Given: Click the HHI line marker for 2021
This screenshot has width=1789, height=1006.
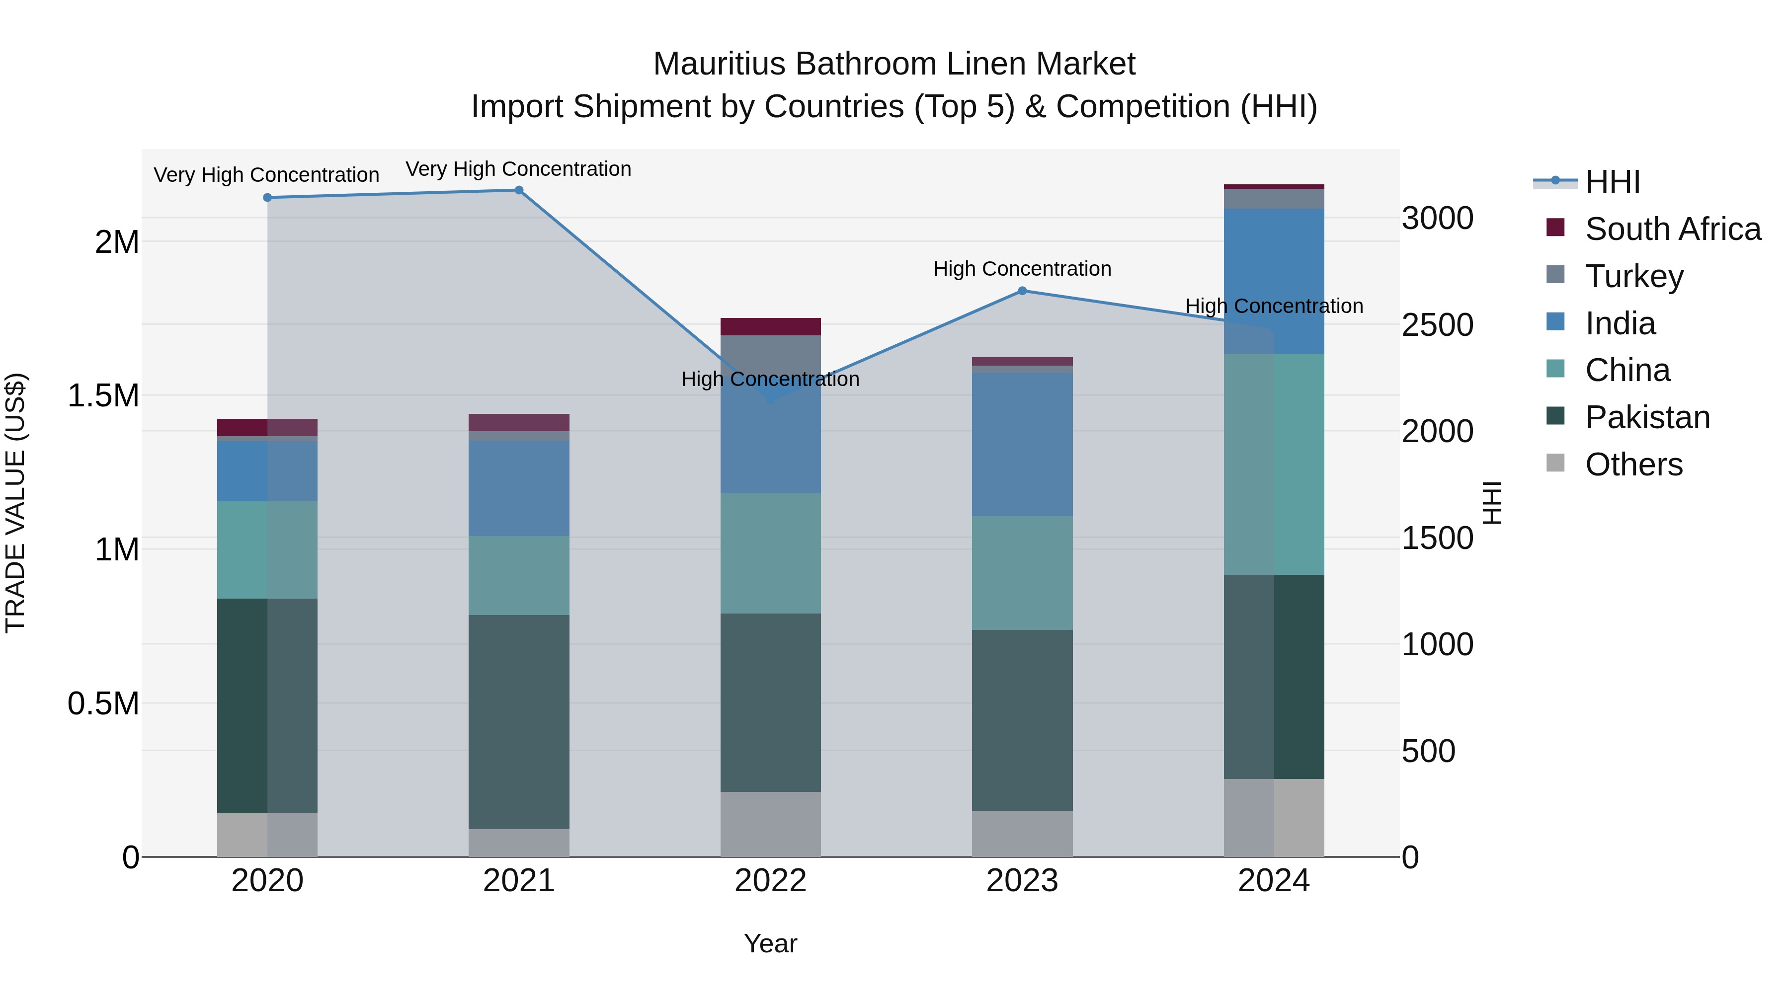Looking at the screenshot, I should coord(519,190).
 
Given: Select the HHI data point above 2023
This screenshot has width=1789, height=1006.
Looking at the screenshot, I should coord(1022,291).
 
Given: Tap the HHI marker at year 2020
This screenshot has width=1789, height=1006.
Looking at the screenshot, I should coord(267,198).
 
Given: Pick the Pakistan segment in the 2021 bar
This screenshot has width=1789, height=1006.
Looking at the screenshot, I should coord(519,722).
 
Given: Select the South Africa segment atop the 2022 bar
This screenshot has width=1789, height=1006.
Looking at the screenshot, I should coord(770,327).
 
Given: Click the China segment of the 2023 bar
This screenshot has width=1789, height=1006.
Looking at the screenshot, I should coord(1022,573).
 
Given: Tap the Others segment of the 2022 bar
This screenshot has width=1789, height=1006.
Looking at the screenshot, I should coord(770,824).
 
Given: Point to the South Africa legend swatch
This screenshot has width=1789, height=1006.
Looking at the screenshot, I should coord(1555,228).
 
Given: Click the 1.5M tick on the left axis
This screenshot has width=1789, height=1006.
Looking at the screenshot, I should coord(103,396).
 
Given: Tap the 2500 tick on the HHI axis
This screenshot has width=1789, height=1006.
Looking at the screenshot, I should coord(1437,325).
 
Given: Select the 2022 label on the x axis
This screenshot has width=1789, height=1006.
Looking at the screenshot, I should coord(770,881).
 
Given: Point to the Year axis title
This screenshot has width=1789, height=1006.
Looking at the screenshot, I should coord(770,943).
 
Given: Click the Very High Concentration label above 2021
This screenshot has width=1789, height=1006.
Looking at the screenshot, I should coord(518,169).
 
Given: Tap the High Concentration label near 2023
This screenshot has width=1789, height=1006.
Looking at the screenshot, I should coord(1022,269).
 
